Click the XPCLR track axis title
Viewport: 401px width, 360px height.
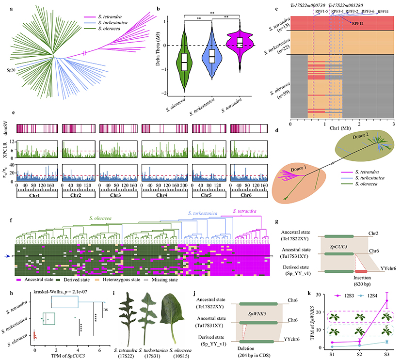(x=6, y=148)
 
